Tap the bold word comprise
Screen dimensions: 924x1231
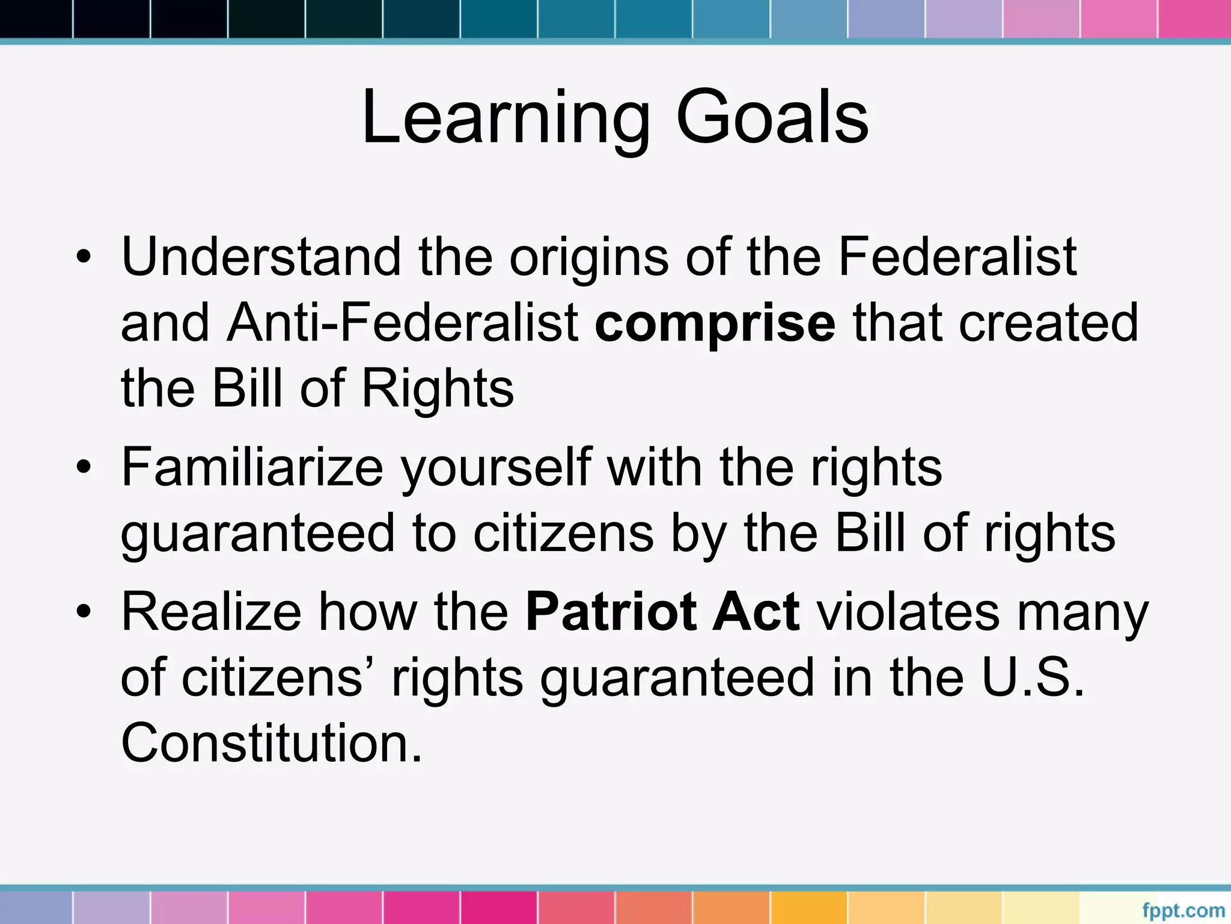715,324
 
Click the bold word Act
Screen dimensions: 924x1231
756,612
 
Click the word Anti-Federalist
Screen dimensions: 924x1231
403,323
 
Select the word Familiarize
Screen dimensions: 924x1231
252,468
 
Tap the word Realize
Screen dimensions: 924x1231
211,612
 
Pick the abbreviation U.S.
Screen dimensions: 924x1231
1033,678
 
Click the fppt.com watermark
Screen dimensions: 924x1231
1183,910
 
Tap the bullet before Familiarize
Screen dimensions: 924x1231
84,469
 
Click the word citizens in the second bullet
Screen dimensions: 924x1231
563,534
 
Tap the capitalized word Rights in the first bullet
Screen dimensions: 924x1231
437,389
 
